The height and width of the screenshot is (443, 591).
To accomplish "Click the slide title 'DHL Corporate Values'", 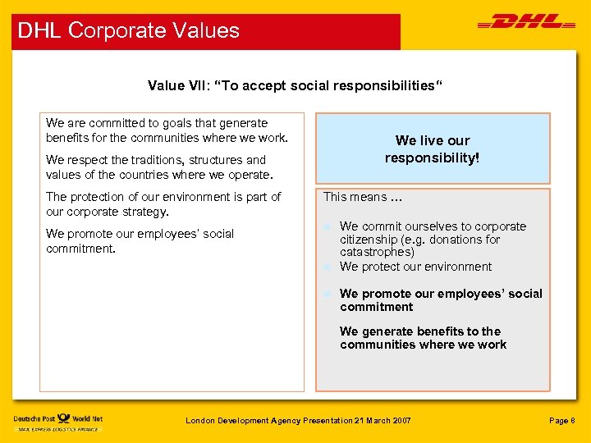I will click(129, 31).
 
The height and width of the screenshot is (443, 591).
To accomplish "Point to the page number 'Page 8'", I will click(562, 421).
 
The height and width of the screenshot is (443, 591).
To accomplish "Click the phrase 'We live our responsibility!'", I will click(432, 148).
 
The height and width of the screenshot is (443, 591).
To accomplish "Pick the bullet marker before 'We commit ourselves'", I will click(327, 226).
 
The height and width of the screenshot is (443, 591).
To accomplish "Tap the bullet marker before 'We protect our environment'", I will click(327, 267).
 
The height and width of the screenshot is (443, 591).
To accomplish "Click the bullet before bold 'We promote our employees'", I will click(327, 294).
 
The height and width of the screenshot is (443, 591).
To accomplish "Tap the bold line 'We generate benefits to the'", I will click(419, 331).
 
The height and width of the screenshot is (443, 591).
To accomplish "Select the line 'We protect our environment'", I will click(415, 267).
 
